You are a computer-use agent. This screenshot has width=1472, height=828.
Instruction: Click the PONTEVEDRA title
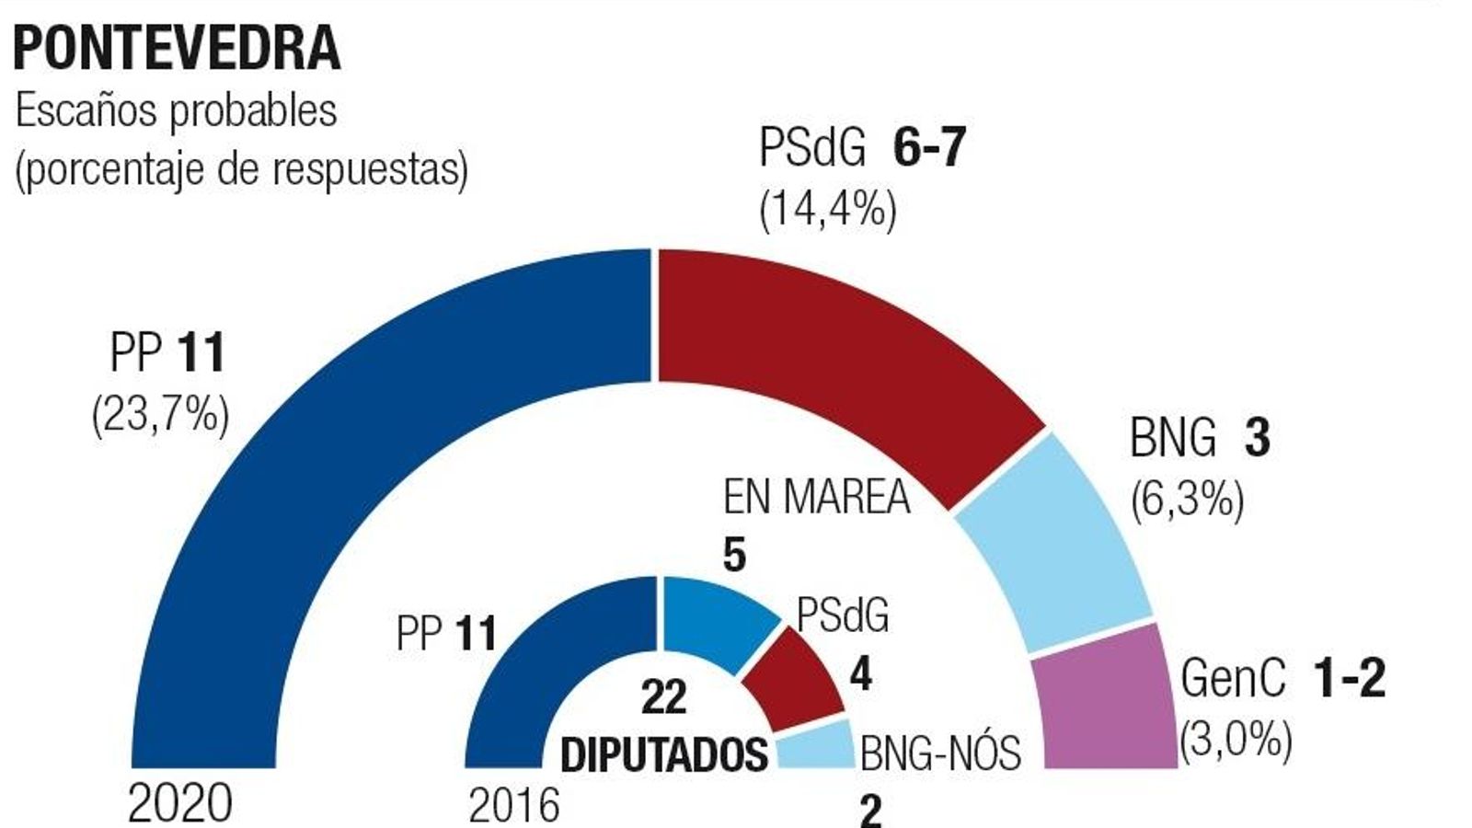[x=177, y=48]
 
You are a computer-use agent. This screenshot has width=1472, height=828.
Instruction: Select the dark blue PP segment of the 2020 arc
[x=304, y=442]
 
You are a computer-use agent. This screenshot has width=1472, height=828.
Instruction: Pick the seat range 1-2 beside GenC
[x=1349, y=679]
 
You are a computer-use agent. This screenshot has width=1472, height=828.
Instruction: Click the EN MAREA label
[x=816, y=498]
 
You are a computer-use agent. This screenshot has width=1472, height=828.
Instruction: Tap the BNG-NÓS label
[x=940, y=753]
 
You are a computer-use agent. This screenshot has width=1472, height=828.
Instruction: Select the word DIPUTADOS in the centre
[x=664, y=754]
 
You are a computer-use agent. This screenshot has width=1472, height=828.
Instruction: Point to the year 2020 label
[x=179, y=804]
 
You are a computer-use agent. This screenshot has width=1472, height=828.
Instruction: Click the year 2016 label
[x=513, y=806]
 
